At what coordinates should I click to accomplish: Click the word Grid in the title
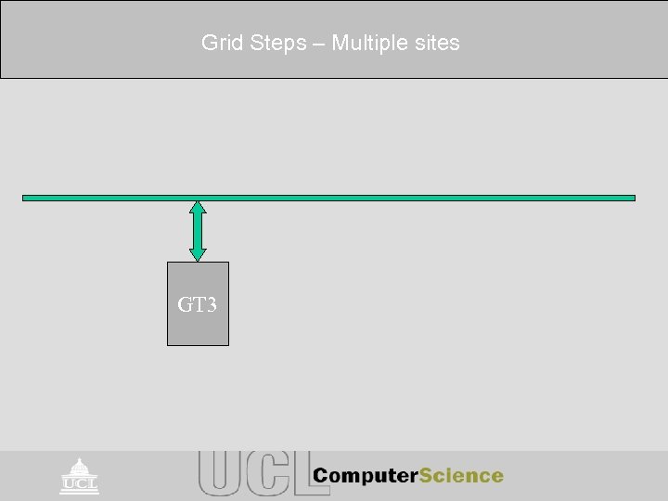(220, 43)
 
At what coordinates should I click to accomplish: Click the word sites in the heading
(436, 43)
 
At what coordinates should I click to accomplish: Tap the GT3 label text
(198, 303)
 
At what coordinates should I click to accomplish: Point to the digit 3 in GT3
(212, 303)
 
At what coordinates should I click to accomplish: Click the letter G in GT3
(185, 303)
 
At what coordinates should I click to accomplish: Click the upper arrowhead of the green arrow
(198, 209)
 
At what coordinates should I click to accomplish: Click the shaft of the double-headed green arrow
(198, 230)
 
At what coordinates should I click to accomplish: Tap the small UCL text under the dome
(80, 483)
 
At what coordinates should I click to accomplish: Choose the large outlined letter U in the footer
(219, 474)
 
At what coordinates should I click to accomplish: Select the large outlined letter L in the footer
(297, 474)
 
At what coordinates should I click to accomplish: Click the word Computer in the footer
(366, 476)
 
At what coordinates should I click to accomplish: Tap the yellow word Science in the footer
(462, 476)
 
